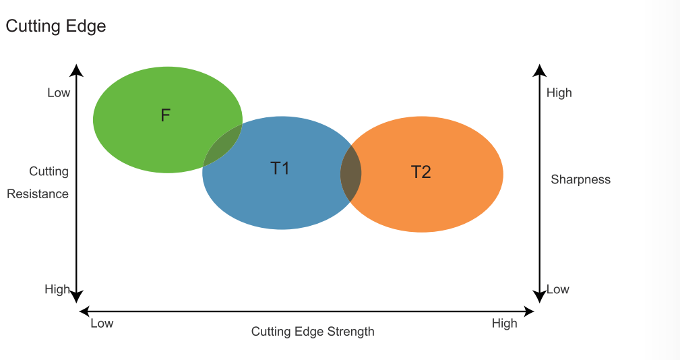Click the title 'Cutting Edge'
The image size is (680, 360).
(x=56, y=26)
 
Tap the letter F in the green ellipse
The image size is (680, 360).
(x=166, y=115)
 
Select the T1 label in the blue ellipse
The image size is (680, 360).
(x=280, y=168)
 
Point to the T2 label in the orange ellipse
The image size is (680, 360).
(x=421, y=172)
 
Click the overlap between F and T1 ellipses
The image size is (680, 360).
(x=223, y=144)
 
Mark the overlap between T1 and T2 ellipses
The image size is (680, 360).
(x=351, y=173)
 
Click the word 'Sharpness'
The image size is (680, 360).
(x=580, y=179)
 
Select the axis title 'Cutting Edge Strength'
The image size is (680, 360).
(x=313, y=332)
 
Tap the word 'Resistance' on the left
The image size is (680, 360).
(x=38, y=194)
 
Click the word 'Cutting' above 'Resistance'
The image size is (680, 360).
(x=49, y=171)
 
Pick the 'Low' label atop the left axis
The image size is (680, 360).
(x=59, y=93)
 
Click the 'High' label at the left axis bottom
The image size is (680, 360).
(x=57, y=289)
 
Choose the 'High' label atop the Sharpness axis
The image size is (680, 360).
(x=559, y=93)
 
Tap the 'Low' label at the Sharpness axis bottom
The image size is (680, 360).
(x=558, y=289)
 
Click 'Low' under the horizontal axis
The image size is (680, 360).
(x=102, y=324)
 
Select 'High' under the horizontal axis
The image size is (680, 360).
(x=504, y=324)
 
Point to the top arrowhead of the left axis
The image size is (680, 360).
(x=77, y=69)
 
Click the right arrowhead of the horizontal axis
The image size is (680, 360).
(x=530, y=311)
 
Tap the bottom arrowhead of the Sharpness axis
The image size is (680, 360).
(x=539, y=297)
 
